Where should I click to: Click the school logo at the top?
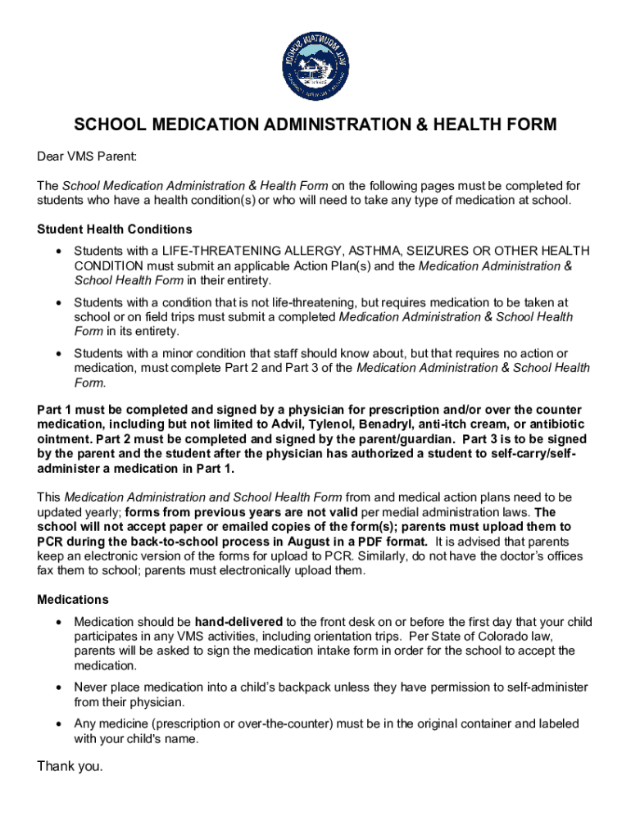click(x=315, y=67)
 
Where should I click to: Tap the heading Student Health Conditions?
click(x=115, y=229)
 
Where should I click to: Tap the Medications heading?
click(x=73, y=600)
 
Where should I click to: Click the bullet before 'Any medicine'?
click(x=57, y=724)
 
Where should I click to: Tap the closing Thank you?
click(x=70, y=767)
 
